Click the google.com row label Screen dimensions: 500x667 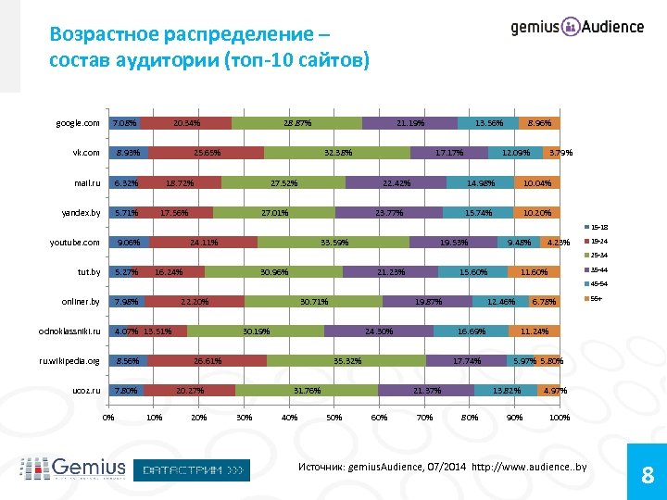pos(77,123)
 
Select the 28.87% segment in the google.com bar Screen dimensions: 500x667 pos(296,123)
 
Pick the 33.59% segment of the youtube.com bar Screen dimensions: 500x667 pos(333,243)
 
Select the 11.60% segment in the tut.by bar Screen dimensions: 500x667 pos(534,272)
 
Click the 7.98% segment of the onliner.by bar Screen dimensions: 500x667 pos(126,302)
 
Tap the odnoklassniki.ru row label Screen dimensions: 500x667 pos(69,331)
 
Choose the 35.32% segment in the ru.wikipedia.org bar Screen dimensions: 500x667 pos(346,361)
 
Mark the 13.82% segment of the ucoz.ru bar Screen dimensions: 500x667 pos(507,391)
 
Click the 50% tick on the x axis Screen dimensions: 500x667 pos(333,418)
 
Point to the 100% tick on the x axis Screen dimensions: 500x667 pos(560,418)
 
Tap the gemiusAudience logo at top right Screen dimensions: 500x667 pos(577,27)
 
